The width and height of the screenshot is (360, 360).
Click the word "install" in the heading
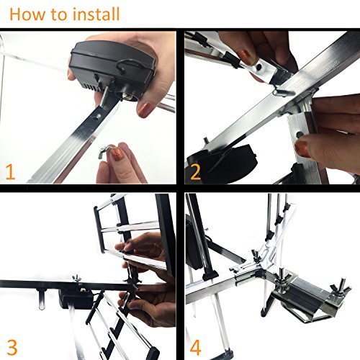point(96,14)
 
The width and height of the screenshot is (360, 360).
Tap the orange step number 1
point(10,171)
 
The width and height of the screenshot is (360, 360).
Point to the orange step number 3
point(12,347)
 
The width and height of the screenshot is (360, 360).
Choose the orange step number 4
point(195,347)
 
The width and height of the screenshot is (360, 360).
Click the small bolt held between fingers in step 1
point(104,152)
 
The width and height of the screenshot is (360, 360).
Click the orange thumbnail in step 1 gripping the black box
point(145,109)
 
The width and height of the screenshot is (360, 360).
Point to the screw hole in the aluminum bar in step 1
point(98,117)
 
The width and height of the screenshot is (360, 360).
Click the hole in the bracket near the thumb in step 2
point(300,135)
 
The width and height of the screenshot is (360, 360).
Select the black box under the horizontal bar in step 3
point(76,299)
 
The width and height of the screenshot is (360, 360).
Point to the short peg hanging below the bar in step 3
point(41,299)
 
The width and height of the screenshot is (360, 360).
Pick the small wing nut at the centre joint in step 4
point(256,255)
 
